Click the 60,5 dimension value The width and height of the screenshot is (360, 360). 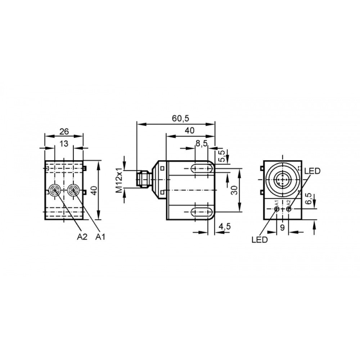tap(180, 118)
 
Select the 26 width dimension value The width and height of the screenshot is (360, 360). tap(64, 132)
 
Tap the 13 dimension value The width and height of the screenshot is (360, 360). tap(64, 144)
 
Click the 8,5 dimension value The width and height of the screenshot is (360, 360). tap(201, 144)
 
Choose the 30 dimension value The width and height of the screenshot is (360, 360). tap(234, 190)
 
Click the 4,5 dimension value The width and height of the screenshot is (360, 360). tap(224, 226)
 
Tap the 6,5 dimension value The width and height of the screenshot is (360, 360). tap(309, 198)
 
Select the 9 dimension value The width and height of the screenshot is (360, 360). tap(282, 228)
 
